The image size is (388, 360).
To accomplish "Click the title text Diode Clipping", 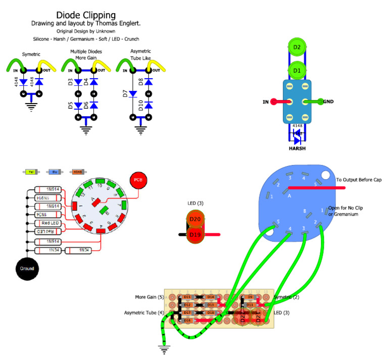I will click(85, 15).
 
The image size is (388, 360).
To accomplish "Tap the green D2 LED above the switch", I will click(297, 47).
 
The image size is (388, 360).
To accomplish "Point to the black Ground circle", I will click(27, 269).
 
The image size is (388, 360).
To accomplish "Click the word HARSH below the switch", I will click(297, 149).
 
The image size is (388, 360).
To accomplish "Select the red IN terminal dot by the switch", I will click(274, 101).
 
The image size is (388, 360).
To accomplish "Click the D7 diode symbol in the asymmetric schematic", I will click(133, 93).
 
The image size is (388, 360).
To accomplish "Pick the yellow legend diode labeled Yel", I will click(31, 172).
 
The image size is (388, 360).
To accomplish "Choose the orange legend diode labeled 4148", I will click(78, 172).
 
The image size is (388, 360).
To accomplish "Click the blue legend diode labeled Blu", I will click(55, 172).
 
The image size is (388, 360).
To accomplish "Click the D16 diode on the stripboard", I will click(187, 321).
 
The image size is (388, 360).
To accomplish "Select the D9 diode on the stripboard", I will click(250, 297).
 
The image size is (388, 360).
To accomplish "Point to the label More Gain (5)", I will click(150, 297).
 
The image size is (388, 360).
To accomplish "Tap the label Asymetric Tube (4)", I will click(144, 313).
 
